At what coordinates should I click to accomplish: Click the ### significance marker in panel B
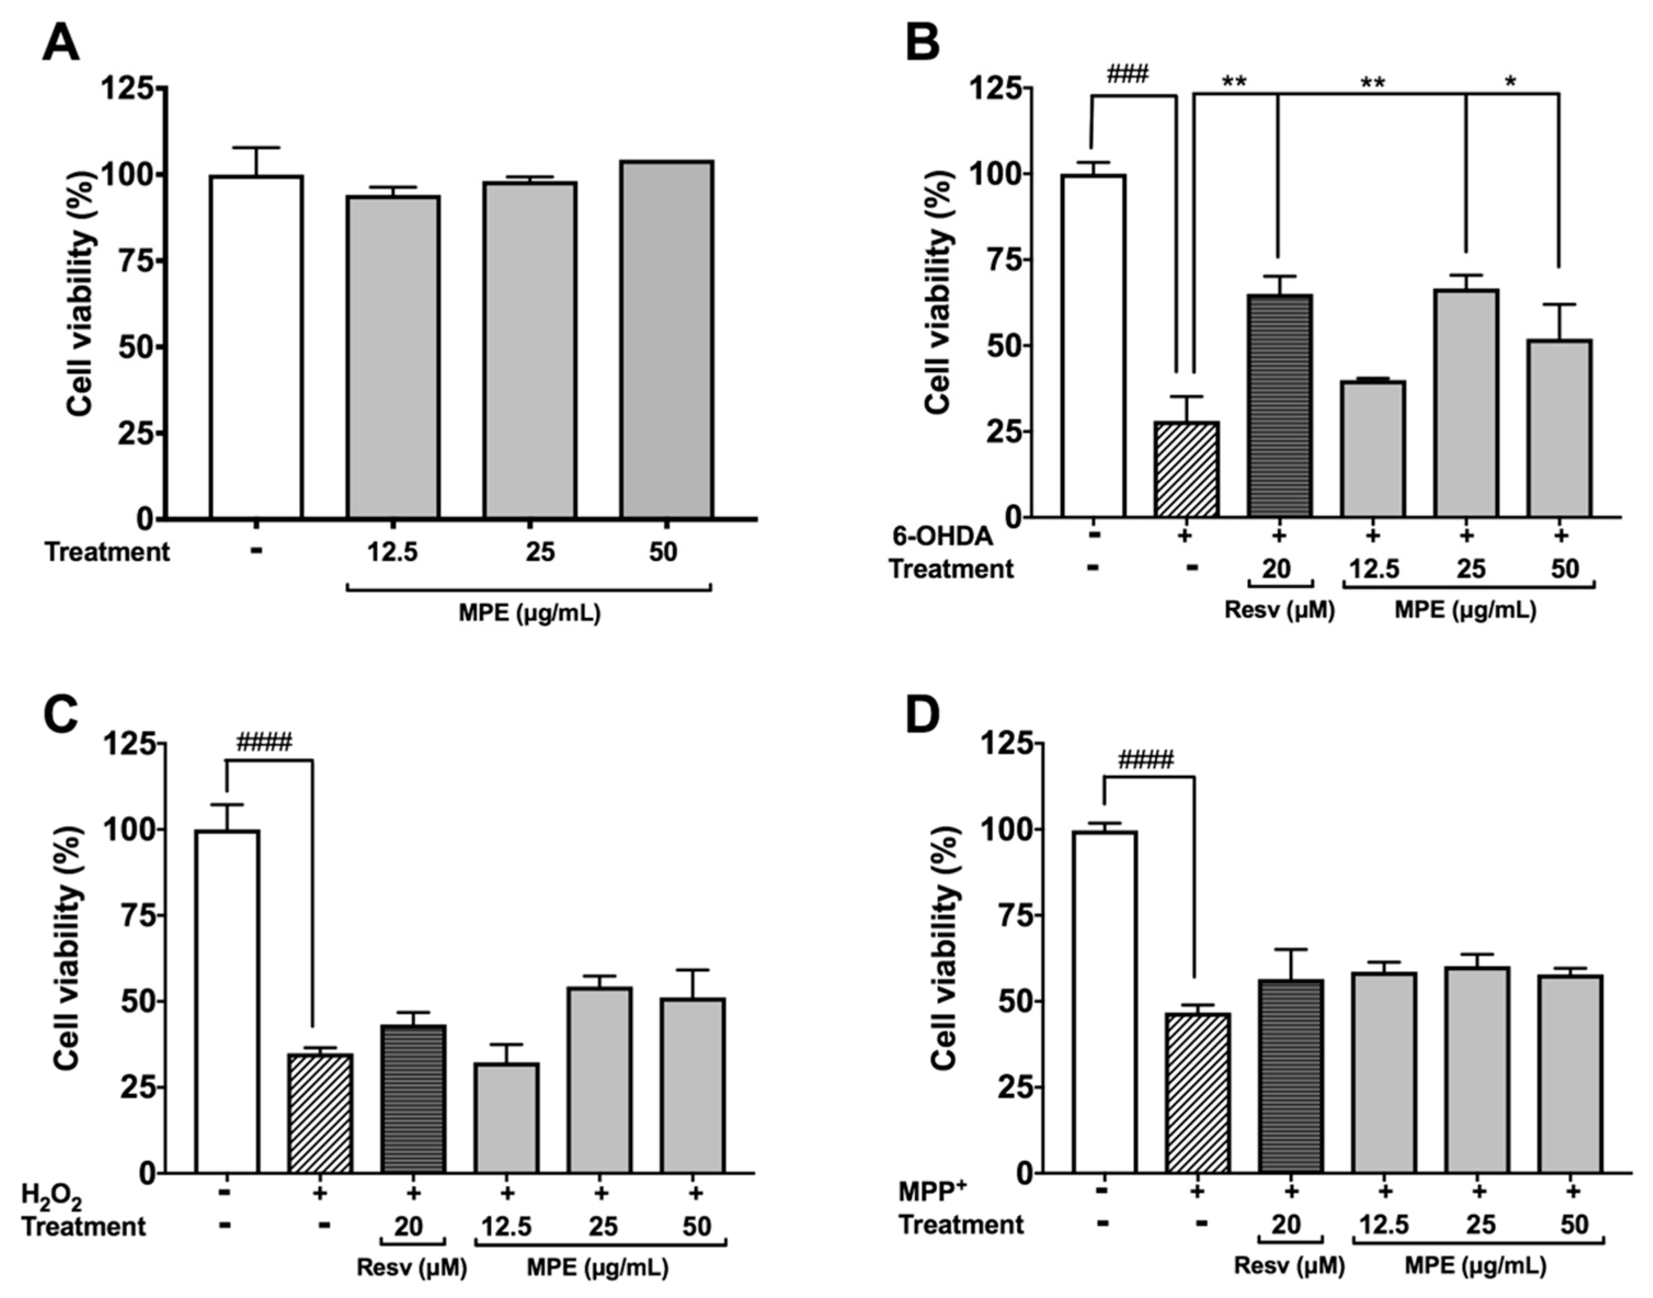point(1128,75)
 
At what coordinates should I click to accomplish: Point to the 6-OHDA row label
point(942,537)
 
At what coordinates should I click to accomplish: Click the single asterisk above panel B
point(1510,82)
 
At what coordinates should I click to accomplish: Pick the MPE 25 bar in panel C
point(600,1080)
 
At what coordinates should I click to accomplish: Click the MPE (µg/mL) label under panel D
point(1475,1266)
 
